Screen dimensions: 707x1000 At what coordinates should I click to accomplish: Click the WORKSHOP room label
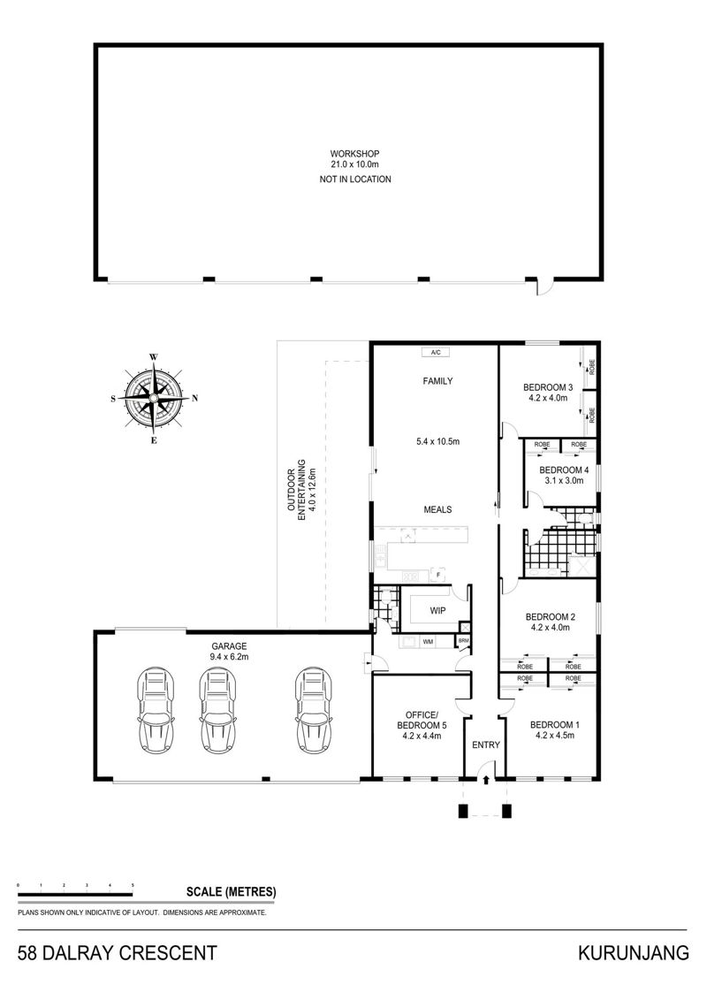tap(354, 154)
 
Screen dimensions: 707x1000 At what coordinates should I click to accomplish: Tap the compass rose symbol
tap(154, 398)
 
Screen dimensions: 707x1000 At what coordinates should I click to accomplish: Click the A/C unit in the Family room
tap(436, 352)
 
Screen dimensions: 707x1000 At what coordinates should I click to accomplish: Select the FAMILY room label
tap(437, 381)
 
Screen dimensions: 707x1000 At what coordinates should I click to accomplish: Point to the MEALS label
tap(437, 509)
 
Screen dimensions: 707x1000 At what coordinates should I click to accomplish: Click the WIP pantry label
tap(437, 610)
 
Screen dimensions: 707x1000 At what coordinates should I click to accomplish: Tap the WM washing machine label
tap(427, 642)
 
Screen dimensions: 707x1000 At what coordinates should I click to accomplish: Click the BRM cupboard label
tap(463, 640)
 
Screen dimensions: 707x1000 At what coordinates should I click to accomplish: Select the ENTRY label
tap(486, 744)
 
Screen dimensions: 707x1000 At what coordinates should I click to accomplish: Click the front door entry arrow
tap(486, 779)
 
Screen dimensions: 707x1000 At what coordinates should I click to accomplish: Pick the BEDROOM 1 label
tap(555, 724)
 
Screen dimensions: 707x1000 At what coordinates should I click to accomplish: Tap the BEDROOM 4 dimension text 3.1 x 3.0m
tap(564, 481)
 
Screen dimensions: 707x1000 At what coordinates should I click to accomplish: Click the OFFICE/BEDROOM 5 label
tap(422, 720)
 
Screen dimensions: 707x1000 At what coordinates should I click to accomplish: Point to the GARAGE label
tap(229, 646)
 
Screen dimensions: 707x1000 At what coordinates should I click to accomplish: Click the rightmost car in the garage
tap(313, 710)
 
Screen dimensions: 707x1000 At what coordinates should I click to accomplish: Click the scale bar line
tap(75, 896)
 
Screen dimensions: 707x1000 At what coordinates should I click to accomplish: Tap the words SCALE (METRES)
tap(231, 892)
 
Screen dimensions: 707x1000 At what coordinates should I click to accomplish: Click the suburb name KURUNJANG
tap(634, 953)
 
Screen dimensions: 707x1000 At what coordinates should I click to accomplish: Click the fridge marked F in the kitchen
tap(437, 575)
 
